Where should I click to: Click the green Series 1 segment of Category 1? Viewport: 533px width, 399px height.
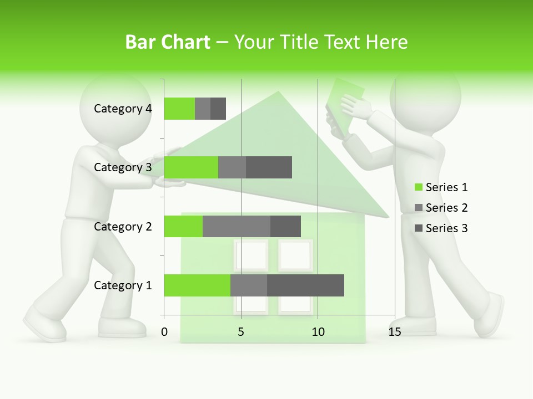[x=197, y=285]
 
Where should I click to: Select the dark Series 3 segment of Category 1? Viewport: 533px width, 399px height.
[x=305, y=285]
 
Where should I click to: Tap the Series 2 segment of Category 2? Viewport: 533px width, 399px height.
[x=237, y=226]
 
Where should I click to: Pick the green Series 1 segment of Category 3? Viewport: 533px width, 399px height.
[x=191, y=167]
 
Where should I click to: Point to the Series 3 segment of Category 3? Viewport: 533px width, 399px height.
[x=269, y=167]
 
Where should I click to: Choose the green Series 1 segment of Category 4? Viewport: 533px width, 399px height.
[x=179, y=109]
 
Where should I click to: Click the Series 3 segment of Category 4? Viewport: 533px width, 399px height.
[x=218, y=109]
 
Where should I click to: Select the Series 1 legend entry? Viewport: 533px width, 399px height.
[x=441, y=187]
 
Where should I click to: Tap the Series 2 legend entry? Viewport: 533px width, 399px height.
[x=441, y=208]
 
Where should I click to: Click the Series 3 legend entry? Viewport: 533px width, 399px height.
[x=441, y=228]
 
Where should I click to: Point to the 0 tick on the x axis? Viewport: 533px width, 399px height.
[x=164, y=332]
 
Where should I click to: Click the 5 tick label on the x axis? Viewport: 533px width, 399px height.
[x=241, y=332]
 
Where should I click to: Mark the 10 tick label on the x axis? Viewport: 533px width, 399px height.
[x=318, y=332]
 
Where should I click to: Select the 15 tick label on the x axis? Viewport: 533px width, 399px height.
[x=395, y=332]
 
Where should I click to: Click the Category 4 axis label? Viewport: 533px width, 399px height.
[x=123, y=109]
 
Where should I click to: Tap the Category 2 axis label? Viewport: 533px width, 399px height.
[x=123, y=226]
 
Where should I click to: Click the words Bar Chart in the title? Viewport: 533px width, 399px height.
[x=168, y=42]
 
